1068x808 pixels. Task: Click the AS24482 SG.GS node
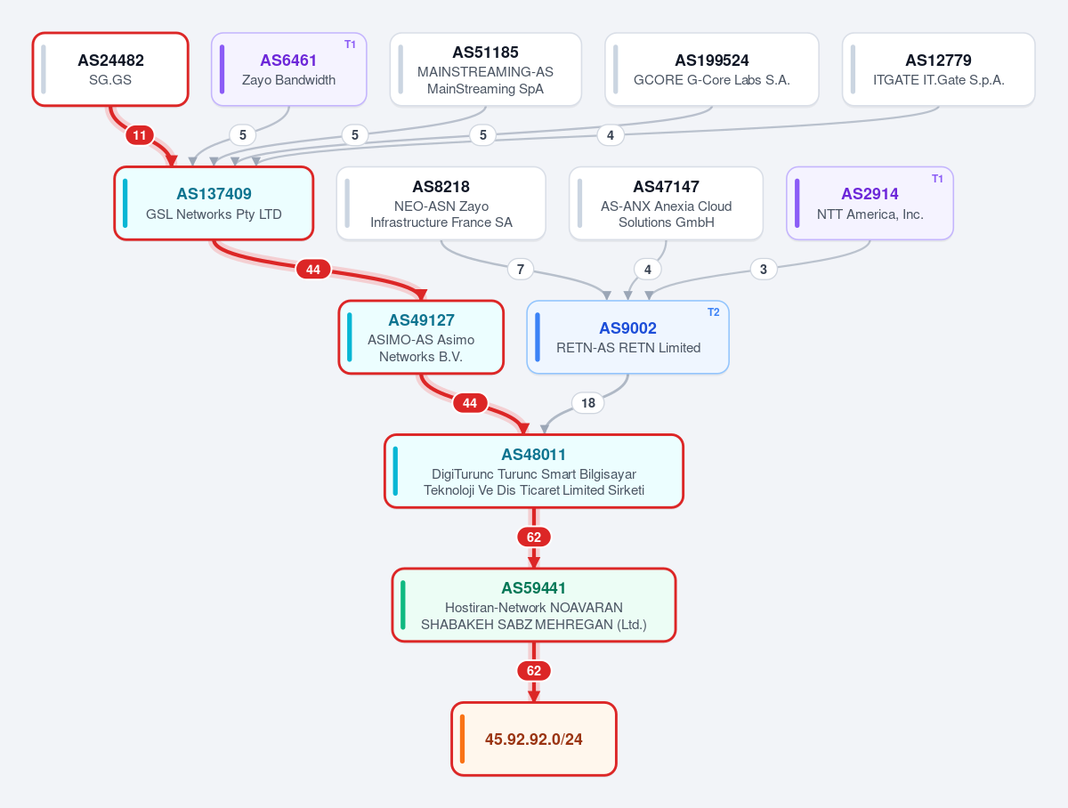110,69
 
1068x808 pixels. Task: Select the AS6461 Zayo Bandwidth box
288,69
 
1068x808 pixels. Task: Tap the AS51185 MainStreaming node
486,69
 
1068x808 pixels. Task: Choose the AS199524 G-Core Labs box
712,69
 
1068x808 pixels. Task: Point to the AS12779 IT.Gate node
939,69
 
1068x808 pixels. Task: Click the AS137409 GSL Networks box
214,204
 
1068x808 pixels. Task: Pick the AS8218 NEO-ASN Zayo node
441,204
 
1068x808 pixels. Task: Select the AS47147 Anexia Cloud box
666,204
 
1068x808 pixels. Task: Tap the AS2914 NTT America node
870,204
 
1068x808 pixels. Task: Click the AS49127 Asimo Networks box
421,337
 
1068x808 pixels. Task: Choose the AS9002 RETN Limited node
627,337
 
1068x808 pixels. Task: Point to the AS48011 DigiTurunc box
534,471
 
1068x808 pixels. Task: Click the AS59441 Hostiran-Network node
534,605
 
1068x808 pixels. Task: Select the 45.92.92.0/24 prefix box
534,739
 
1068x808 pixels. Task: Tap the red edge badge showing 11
140,135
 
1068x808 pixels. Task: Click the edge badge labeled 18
588,403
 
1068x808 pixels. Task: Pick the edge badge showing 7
521,269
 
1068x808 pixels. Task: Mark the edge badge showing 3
764,269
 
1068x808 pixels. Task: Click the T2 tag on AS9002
713,312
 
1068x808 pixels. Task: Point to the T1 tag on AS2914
937,179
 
